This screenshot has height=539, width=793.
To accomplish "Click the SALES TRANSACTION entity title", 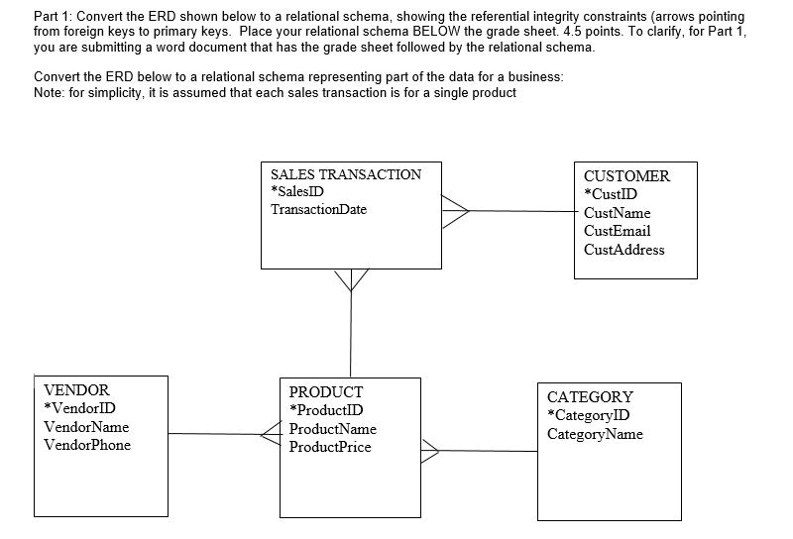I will coord(345,174).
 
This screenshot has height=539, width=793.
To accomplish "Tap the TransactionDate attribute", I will coord(318,209).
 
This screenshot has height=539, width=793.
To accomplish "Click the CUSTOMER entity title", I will coord(626,176).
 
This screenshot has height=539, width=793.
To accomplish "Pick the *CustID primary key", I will coord(611,194).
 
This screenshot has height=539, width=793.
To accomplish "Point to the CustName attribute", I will coord(618,213).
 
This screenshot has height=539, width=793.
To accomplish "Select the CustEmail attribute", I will coord(618,231).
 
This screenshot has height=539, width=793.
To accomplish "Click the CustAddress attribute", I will coord(624,249).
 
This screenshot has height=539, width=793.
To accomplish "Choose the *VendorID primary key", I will coord(79,408).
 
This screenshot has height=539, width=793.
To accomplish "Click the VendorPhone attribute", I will coord(87,445).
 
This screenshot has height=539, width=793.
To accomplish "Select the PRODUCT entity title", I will coord(325,392).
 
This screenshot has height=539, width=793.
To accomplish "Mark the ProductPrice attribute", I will coord(330,447).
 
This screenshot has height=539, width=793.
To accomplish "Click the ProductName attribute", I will coord(332,429).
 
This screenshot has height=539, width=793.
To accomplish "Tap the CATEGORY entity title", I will coord(590,396).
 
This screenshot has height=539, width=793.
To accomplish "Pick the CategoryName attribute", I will coord(595,434).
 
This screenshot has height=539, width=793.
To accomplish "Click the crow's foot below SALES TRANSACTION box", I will coord(350,280).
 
